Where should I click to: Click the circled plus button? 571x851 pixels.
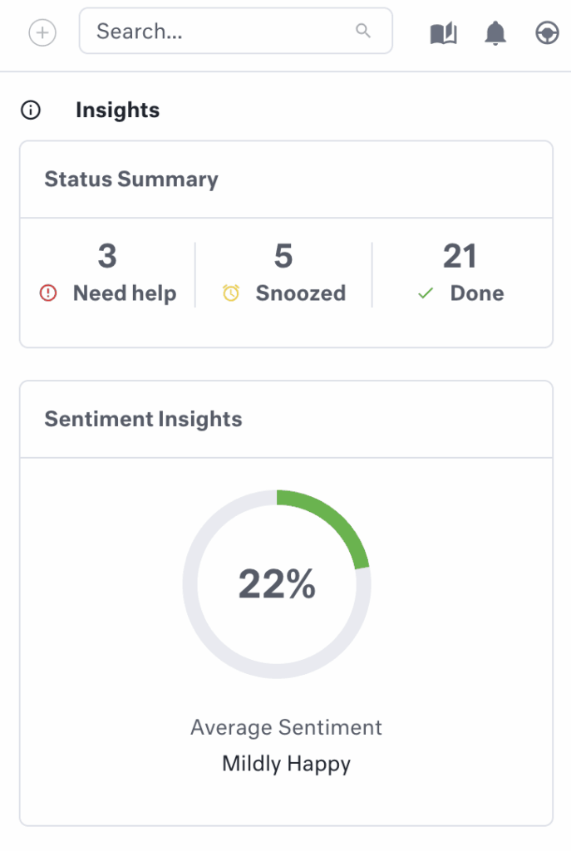[x=42, y=33]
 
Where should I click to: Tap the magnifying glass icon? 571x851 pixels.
[x=363, y=31]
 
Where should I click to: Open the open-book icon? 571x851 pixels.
[x=444, y=33]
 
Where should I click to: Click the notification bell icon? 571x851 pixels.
[x=495, y=33]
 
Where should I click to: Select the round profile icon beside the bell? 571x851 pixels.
[x=546, y=33]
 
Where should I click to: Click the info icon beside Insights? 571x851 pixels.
[x=31, y=111]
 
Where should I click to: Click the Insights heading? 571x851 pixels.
[x=117, y=111]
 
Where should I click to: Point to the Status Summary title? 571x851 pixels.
[x=131, y=180]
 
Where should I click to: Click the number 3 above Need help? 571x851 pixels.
[x=107, y=257]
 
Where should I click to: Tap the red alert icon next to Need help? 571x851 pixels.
[x=48, y=293]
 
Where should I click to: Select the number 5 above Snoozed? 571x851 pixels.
[x=283, y=257]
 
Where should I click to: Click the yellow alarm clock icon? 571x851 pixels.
[x=231, y=293]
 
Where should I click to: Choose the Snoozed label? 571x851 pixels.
[x=300, y=293]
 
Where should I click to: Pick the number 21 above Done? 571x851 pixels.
[x=460, y=257]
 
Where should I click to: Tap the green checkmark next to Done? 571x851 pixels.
[x=426, y=293]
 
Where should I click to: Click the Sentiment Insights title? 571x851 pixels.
[x=143, y=419]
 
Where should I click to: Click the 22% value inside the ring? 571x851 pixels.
[x=277, y=584]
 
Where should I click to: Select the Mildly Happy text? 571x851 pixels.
[x=286, y=764]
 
